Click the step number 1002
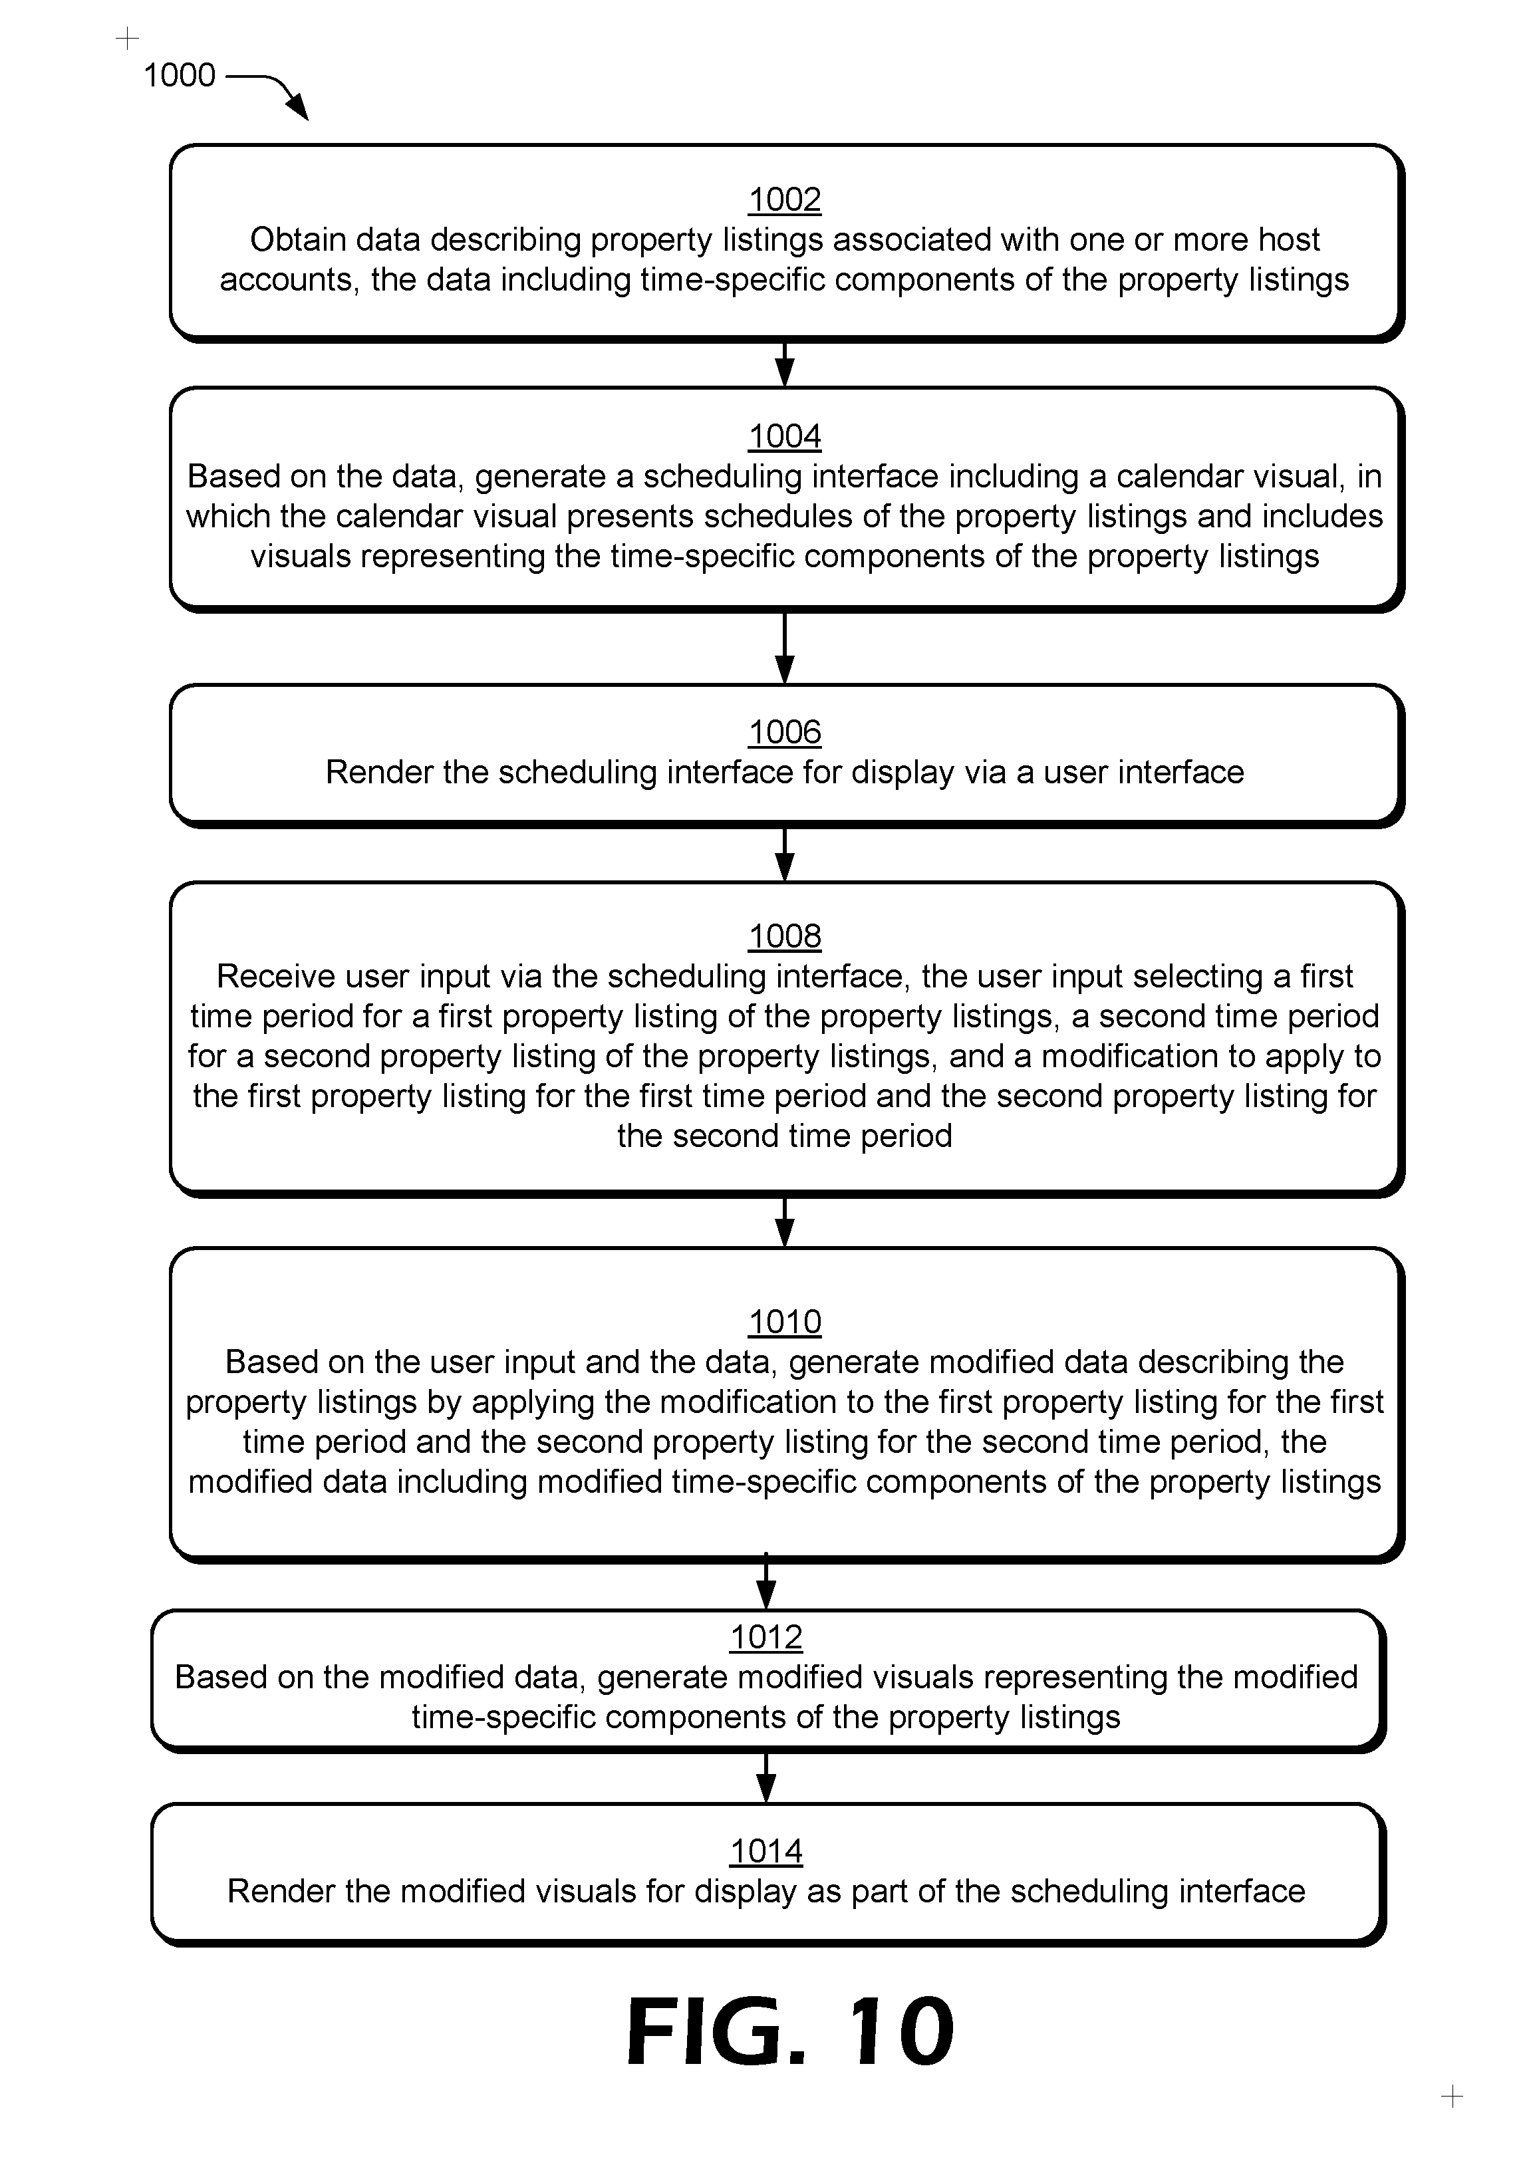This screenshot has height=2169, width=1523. (x=784, y=199)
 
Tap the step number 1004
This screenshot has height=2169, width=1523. (x=784, y=436)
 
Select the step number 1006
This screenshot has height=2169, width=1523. (x=784, y=732)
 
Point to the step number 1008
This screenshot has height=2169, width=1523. (x=784, y=936)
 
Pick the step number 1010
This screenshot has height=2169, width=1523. (x=784, y=1322)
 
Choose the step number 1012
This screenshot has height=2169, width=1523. (x=766, y=1637)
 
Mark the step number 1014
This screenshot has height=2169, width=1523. (x=766, y=1850)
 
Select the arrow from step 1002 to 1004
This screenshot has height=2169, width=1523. (x=784, y=364)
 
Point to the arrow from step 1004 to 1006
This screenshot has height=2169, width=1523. (x=784, y=648)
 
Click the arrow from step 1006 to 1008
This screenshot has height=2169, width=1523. (x=784, y=855)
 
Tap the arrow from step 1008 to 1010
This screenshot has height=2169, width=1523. (x=784, y=1222)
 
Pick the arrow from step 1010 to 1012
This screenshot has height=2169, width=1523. (x=766, y=1581)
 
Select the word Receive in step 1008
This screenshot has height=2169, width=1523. (x=273, y=976)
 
